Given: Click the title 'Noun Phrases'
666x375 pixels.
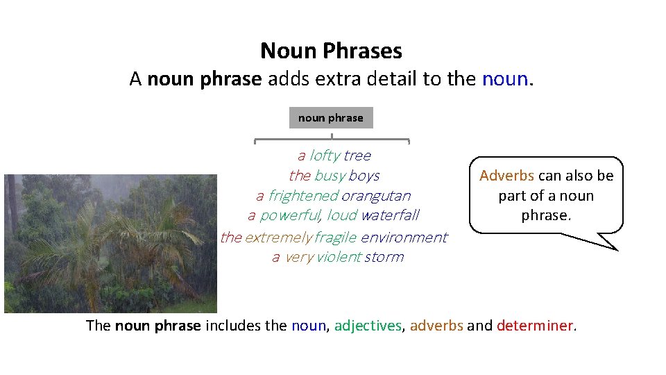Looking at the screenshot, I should point(331,51).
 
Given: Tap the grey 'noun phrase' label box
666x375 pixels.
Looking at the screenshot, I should point(331,118).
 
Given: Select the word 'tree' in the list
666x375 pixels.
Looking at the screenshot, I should point(357,156).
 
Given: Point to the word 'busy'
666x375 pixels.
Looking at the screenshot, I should point(330,176).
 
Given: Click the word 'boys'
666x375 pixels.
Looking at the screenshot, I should point(364,176).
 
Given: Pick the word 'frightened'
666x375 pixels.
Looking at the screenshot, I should point(303,196).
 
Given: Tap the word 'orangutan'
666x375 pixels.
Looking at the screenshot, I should point(376,196).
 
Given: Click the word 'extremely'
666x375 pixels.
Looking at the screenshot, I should point(277,237).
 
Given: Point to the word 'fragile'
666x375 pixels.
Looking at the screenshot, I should point(335,237).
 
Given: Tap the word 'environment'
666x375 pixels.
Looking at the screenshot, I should point(404,237).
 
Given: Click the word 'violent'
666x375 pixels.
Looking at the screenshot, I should point(339,258).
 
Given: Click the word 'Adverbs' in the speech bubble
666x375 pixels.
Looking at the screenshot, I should point(506,176).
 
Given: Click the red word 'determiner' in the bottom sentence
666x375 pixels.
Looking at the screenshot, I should point(535,325).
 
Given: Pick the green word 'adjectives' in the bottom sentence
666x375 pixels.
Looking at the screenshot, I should point(368,325).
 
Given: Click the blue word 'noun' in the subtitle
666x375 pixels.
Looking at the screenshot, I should point(504,79).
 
